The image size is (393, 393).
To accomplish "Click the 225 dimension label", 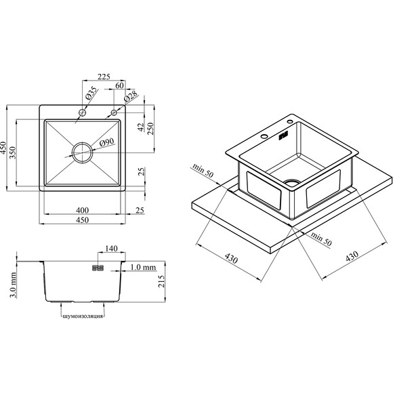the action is pos(104,77).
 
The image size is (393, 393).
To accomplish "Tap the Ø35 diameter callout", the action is pos(91,94).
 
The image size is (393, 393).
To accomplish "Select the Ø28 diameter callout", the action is pos(131,96).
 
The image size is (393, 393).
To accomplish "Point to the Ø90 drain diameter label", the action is pos(107,142).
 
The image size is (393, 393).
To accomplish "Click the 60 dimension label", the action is pos(119,85).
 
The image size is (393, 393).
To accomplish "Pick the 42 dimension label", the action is pos(142,127).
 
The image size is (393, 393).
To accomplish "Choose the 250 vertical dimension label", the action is pos(150,129).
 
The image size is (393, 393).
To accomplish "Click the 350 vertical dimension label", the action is pos(12,152).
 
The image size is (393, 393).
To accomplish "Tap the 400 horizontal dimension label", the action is pos(82,210).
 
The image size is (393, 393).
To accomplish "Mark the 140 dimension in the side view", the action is pos(111,249).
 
